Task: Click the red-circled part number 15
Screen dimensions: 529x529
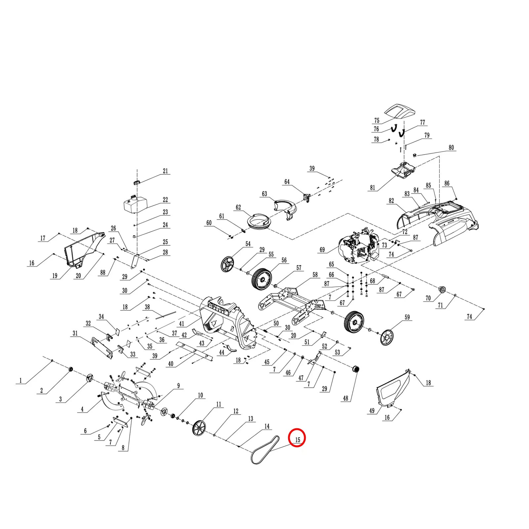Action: click(297, 440)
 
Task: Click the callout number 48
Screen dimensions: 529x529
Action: click(346, 398)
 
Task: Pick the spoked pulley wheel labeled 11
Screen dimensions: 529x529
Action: click(199, 429)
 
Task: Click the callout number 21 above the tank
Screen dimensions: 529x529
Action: click(165, 171)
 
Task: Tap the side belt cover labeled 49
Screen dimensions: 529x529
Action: click(393, 390)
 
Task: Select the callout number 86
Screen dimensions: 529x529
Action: click(447, 183)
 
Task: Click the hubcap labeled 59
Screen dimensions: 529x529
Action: click(387, 337)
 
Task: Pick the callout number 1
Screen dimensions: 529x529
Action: click(20, 381)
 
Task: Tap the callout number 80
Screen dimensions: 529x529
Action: click(451, 147)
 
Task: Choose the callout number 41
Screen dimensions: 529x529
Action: click(182, 324)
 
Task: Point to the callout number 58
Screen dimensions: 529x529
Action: click(315, 274)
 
